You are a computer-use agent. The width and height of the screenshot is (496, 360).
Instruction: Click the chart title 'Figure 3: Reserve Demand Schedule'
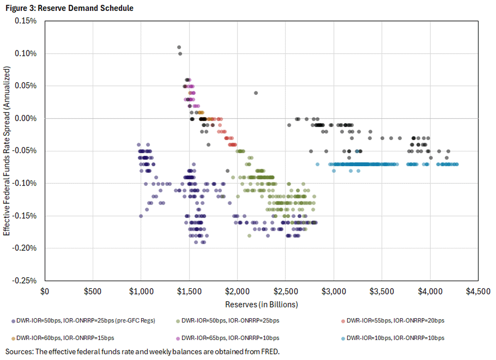(x=69, y=8)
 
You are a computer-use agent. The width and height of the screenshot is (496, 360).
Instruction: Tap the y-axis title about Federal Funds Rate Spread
(x=8, y=151)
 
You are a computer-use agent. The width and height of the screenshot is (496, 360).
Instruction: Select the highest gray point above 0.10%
(x=179, y=47)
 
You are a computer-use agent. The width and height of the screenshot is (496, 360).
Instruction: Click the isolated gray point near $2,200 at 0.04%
(x=256, y=93)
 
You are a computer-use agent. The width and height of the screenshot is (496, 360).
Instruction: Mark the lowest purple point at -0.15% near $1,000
(x=141, y=216)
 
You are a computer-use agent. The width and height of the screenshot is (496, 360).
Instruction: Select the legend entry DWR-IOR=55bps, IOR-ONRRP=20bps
(x=394, y=321)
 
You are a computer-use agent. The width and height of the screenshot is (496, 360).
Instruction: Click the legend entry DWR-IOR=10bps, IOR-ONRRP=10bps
(x=394, y=338)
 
